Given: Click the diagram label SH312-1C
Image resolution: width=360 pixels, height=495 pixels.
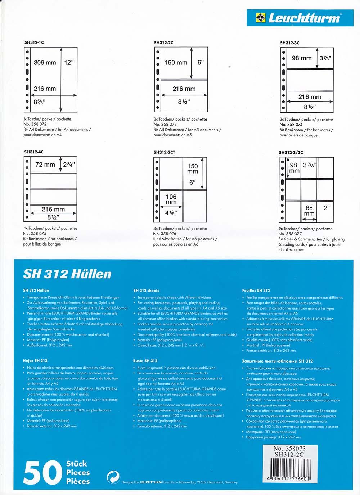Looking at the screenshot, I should pyautogui.click(x=34, y=42).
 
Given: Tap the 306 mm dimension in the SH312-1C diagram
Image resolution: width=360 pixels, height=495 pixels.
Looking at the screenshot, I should pyautogui.click(x=45, y=63).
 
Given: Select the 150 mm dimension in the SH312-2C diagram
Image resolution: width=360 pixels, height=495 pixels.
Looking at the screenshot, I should pyautogui.click(x=176, y=63).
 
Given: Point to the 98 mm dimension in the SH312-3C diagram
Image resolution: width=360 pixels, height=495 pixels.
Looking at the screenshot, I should pyautogui.click(x=302, y=58).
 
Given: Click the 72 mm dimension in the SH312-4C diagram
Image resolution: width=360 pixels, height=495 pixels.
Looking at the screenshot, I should pyautogui.click(x=45, y=165).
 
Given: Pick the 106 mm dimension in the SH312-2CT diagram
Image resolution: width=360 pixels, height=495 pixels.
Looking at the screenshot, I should pyautogui.click(x=171, y=199).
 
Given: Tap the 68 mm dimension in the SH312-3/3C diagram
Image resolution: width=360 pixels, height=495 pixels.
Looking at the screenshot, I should pyautogui.click(x=309, y=211).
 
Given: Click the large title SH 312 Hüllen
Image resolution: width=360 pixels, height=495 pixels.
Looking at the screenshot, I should pyautogui.click(x=67, y=274).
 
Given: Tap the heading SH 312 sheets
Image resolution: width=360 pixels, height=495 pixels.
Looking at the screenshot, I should pyautogui.click(x=146, y=291).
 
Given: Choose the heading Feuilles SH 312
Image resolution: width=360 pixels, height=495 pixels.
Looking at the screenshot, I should pyautogui.click(x=256, y=291).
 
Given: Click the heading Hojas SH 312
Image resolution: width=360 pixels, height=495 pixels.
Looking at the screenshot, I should pyautogui.click(x=35, y=360).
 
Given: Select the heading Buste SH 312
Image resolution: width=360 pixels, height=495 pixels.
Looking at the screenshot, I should pyautogui.click(x=145, y=361).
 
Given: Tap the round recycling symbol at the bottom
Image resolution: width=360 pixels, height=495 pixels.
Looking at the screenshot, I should pyautogui.click(x=113, y=477).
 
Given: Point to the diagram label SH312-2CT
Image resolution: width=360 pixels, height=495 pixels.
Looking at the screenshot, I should pyautogui.click(x=165, y=152).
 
